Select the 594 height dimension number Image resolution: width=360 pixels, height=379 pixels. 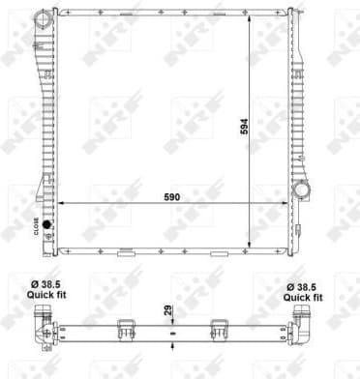258,126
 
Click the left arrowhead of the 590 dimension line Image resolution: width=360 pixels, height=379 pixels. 60,203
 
